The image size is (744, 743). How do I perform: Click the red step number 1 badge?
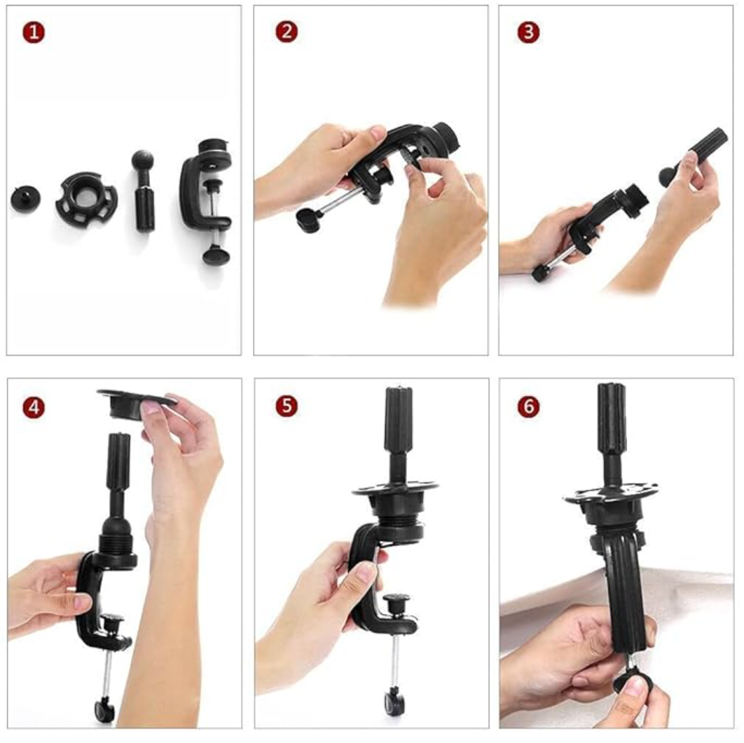[33, 32]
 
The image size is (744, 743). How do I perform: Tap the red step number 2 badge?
[286, 32]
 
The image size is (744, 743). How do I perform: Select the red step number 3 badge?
[528, 32]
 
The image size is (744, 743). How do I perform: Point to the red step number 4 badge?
[33, 407]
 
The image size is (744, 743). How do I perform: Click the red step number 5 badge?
[286, 407]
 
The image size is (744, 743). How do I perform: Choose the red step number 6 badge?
[528, 407]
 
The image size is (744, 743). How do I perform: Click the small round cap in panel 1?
[25, 199]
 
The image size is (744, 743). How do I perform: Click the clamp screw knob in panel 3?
[540, 273]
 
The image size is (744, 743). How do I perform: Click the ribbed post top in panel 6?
[612, 414]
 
